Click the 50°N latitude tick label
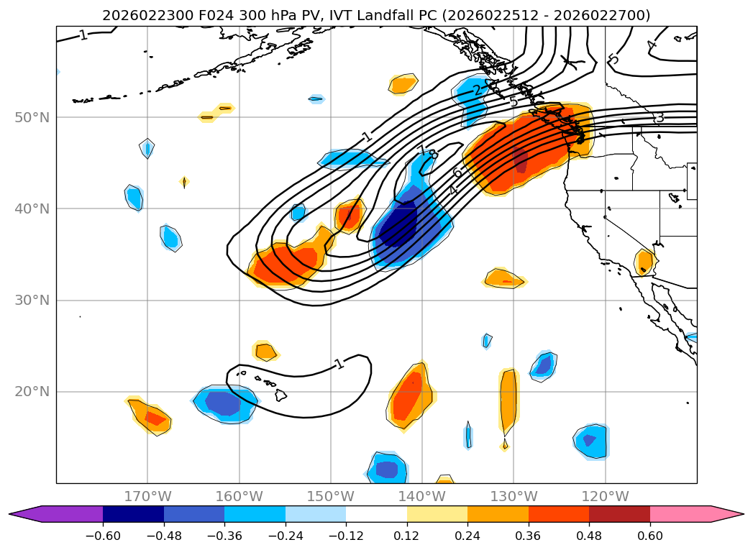point(32,117)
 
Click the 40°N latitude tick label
point(32,208)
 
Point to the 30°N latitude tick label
point(32,300)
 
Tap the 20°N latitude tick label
point(32,392)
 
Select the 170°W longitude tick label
point(147,496)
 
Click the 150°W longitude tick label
point(330,496)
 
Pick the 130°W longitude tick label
point(514,496)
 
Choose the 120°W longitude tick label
point(605,496)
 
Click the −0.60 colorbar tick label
point(103,536)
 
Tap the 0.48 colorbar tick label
point(589,536)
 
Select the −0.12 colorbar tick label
point(346,536)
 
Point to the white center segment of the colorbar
point(376,513)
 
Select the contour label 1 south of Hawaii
point(339,364)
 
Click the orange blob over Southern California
point(644,262)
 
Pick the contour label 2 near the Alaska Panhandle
point(477,90)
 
